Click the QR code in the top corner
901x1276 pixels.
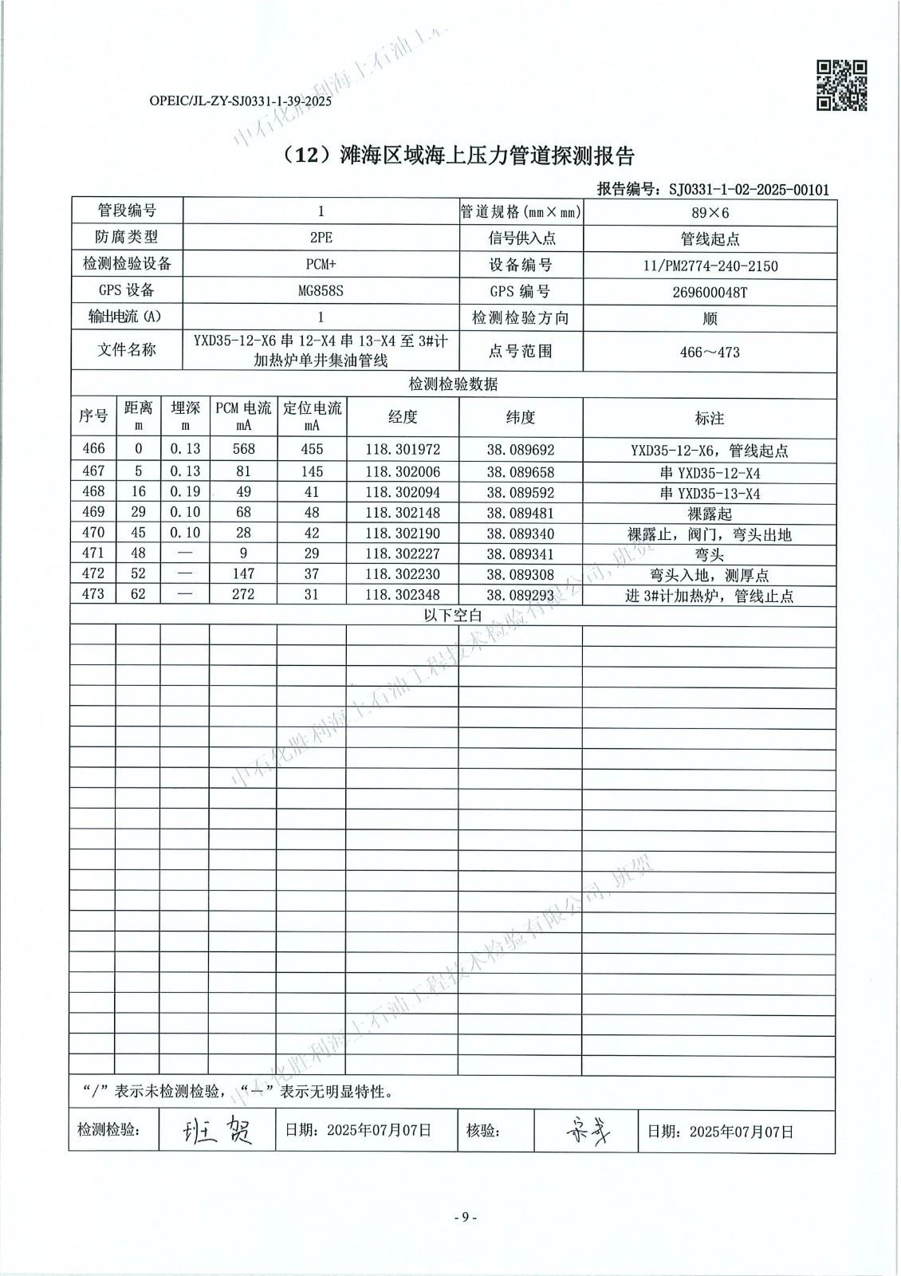pos(842,85)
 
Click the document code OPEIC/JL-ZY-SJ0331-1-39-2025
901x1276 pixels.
pos(240,101)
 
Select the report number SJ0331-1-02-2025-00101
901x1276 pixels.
pos(749,190)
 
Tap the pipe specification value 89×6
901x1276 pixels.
pos(710,212)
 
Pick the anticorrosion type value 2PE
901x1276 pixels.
pos(321,238)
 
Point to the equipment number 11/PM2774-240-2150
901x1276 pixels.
pos(710,266)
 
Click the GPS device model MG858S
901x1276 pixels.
pos(321,291)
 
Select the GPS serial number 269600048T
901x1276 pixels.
pos(710,292)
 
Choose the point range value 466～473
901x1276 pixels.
pos(710,352)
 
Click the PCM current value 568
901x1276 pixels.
pos(243,450)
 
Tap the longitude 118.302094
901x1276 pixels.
pos(402,492)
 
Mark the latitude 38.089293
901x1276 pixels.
pos(520,595)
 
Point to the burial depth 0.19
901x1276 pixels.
pos(185,492)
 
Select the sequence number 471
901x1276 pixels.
pos(93,553)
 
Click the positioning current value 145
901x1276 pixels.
pos(312,471)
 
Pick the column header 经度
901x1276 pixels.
pos(402,417)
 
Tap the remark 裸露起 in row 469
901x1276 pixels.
pos(709,514)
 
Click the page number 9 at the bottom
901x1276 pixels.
pos(464,1217)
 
